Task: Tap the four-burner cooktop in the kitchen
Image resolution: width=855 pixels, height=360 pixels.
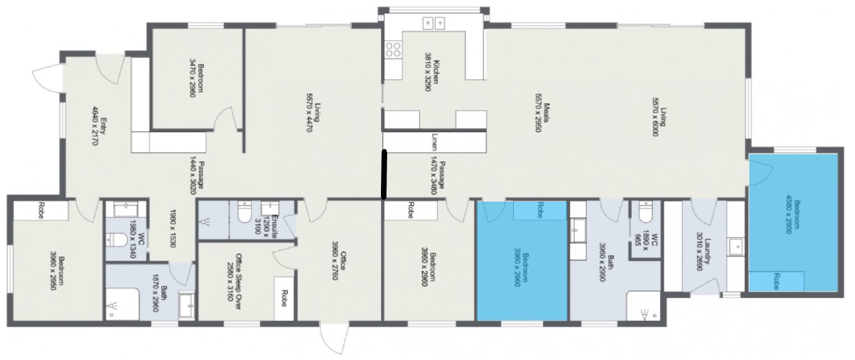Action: coord(393,49)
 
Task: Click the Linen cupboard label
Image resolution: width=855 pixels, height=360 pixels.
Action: coord(434,142)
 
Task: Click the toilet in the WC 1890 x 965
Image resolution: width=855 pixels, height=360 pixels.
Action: coord(646,209)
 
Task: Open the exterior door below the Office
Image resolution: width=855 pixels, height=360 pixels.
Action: coord(332,340)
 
